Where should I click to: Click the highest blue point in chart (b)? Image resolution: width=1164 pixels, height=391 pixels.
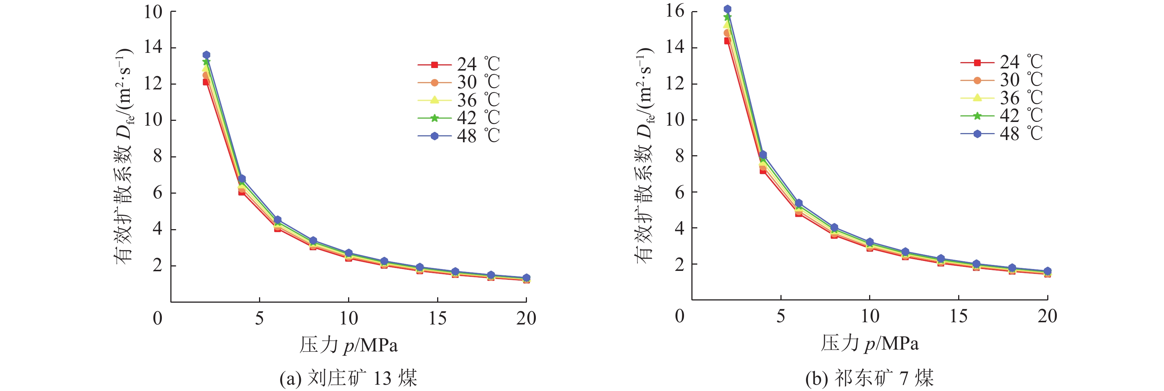click(727, 9)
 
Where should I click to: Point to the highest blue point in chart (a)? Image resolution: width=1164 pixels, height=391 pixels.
click(206, 55)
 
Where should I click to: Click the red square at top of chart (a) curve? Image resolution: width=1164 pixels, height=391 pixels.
click(206, 82)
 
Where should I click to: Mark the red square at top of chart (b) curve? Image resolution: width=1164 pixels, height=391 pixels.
click(727, 41)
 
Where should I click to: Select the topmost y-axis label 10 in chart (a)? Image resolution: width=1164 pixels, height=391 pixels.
click(153, 12)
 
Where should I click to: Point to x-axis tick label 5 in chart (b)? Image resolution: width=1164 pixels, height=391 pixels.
click(780, 316)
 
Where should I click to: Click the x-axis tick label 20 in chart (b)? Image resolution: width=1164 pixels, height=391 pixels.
click(1047, 316)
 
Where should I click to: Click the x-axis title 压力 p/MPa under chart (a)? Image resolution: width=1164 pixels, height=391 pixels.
click(348, 345)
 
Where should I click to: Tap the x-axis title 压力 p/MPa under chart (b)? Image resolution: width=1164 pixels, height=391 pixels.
click(869, 343)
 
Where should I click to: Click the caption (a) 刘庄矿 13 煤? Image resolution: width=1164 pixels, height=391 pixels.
click(348, 378)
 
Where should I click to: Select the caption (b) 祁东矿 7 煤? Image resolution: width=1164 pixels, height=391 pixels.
click(869, 378)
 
